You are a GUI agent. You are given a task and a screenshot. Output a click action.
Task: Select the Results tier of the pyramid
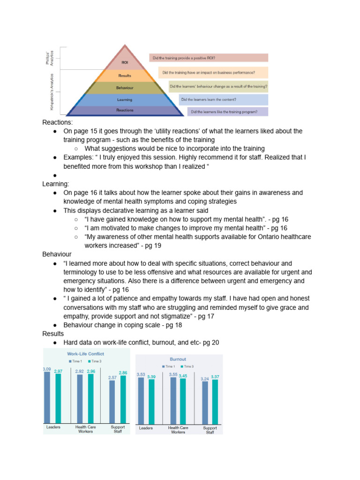[125, 75]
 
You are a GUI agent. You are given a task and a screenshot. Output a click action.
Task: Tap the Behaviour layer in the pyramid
[125, 88]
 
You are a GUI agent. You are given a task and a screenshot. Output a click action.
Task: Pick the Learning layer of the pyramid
[125, 99]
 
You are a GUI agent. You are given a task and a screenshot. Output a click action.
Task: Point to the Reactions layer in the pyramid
[125, 110]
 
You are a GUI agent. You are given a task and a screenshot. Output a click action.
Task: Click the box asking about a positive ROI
[209, 58]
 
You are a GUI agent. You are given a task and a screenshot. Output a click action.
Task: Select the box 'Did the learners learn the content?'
[223, 99]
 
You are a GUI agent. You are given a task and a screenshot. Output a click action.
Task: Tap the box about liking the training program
[228, 112]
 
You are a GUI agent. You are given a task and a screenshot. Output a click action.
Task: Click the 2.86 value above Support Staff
[122, 373]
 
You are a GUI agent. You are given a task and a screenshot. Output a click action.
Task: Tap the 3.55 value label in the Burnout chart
[173, 375]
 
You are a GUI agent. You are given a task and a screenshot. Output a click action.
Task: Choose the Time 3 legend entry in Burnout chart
[187, 367]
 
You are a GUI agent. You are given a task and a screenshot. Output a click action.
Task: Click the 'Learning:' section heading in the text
[56, 184]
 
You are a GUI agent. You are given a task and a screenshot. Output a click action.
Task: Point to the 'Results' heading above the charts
[53, 334]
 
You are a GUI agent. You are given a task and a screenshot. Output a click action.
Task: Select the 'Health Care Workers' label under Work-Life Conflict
[85, 429]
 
